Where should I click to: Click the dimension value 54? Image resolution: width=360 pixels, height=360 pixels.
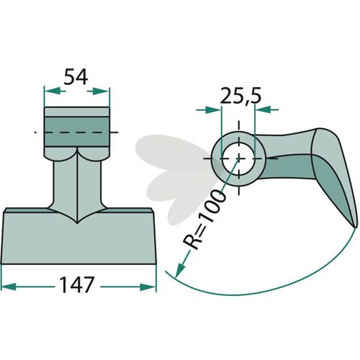tap(76, 76)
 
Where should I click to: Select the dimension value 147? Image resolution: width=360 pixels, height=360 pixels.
tap(77, 285)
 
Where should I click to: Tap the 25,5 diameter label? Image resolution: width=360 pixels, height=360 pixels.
tap(240, 96)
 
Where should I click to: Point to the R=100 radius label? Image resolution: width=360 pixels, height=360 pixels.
tap(204, 220)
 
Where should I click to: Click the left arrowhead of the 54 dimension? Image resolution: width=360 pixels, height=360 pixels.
tap(52, 91)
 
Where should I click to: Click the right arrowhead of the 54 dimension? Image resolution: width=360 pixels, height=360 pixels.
tap(102, 91)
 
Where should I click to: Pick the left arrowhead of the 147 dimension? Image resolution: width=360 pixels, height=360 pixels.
tap(9, 287)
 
